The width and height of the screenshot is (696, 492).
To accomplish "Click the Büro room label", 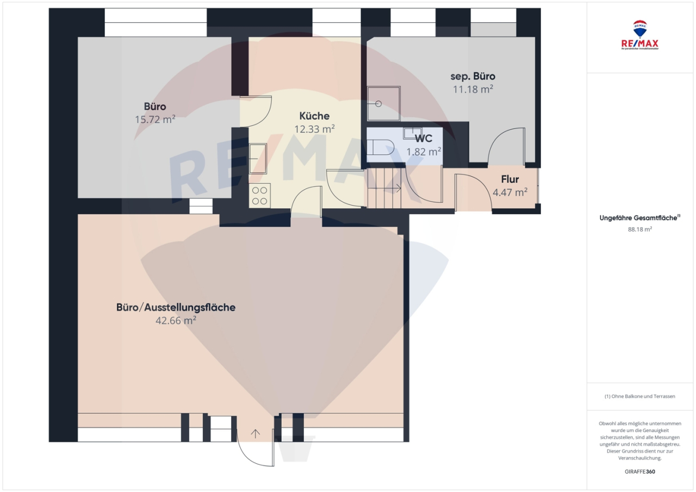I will pos(155,106).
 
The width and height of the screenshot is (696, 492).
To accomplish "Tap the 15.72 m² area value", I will pos(155,119).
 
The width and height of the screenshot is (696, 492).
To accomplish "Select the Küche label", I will pos(314,116).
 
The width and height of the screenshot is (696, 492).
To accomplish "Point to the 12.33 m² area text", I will pos(314,129).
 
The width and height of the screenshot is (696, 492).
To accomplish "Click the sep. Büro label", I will pos(473,76).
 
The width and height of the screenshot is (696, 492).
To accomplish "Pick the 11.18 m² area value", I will pos(473,89).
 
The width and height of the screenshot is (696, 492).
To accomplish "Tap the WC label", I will pos(424,139).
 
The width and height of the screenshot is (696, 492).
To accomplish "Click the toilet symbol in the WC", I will pos(381,147).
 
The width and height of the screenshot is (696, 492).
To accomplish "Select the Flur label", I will pos(510,179).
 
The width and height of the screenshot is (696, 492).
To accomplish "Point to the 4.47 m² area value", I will pos(510,192).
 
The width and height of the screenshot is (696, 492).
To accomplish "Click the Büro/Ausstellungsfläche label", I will pos(176,307).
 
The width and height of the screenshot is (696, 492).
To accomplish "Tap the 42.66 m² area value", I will pos(176,321).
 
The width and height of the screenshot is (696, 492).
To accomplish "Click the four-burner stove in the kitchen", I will pos(260,196).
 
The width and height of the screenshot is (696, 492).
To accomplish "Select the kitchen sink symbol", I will pos(258,158).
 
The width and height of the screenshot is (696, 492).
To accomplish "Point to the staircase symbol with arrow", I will pos(386,188).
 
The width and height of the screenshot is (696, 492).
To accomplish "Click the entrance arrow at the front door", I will pos(256,433).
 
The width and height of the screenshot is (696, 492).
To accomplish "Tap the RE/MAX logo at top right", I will pos(640,35).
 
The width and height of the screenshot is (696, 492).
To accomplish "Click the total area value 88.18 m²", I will pos(640,229).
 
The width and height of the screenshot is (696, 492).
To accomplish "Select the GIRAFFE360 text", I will pos(640,471).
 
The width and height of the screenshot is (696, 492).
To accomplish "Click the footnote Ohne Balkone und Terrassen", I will pos(640,396).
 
